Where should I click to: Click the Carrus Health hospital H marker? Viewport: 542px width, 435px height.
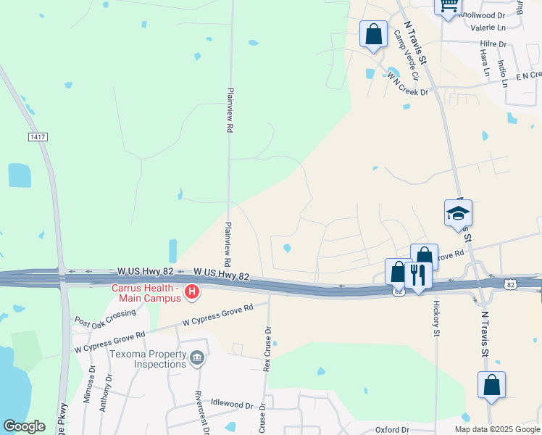192,293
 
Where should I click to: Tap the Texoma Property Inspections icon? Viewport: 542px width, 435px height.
196,358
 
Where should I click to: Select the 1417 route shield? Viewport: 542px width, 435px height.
38,136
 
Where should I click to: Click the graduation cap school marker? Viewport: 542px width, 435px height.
458,213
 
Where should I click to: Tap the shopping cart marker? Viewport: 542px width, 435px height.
448,6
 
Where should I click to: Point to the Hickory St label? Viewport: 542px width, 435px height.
436,319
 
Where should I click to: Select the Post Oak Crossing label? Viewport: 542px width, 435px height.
104,318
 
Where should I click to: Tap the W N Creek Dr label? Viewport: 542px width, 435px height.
407,83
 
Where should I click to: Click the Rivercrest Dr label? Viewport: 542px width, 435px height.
198,410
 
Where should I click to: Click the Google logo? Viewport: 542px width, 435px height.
24,426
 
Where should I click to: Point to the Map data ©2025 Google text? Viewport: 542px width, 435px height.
497,429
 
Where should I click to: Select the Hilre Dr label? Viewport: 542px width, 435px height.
493,43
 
